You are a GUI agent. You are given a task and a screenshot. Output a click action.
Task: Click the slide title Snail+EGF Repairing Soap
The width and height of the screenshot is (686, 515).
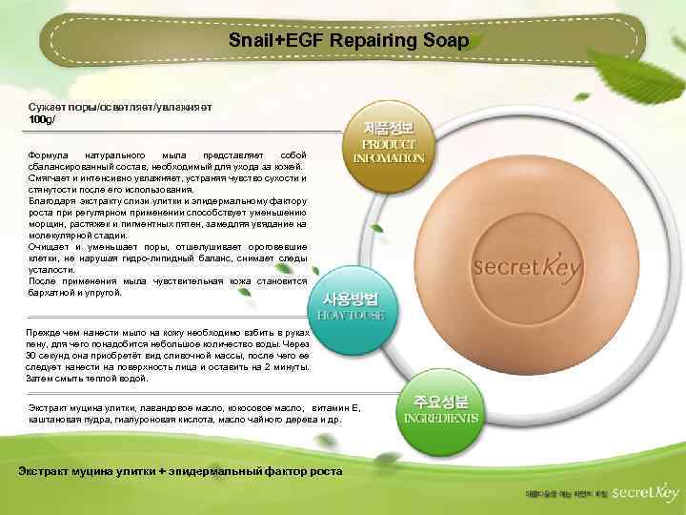click(348, 41)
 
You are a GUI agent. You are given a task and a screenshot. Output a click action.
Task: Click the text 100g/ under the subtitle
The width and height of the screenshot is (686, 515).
click(43, 120)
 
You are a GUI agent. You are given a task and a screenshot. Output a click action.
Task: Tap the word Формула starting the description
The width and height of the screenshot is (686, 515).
click(49, 154)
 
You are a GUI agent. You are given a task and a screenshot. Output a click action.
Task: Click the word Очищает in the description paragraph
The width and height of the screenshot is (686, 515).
click(50, 247)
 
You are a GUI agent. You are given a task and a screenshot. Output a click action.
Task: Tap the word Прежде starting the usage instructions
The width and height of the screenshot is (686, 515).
click(47, 331)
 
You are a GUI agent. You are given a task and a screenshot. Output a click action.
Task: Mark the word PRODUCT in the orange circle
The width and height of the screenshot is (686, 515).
click(388, 144)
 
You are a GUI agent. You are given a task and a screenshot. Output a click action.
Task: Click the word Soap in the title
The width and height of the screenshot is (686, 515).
click(449, 41)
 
